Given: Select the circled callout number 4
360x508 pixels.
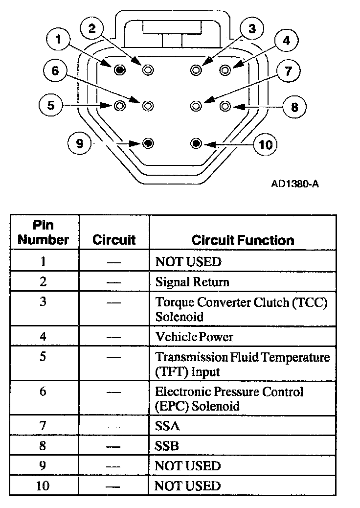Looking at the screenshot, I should (x=287, y=41).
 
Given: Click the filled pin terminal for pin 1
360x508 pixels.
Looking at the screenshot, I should (x=119, y=70).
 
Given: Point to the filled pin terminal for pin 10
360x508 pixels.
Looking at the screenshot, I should (x=196, y=143).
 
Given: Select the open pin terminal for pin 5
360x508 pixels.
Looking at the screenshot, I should (x=119, y=105).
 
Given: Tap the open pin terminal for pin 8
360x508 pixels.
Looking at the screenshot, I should (x=225, y=105).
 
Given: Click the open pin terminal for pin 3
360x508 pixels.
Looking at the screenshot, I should (x=196, y=70).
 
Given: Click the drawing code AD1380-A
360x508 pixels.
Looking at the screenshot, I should (x=291, y=184).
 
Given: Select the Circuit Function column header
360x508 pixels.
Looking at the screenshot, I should (x=243, y=240).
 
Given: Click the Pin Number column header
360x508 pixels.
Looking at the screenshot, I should (x=44, y=232).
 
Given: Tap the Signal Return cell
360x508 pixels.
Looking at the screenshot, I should (x=192, y=282).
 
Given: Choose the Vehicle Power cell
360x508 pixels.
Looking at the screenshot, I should (x=194, y=337).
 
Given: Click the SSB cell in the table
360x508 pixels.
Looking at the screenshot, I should (x=167, y=446).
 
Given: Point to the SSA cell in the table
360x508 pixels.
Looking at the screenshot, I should (x=167, y=426).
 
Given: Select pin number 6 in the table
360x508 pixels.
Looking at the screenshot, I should (x=43, y=392).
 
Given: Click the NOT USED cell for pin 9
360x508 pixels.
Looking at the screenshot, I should (x=188, y=465).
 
